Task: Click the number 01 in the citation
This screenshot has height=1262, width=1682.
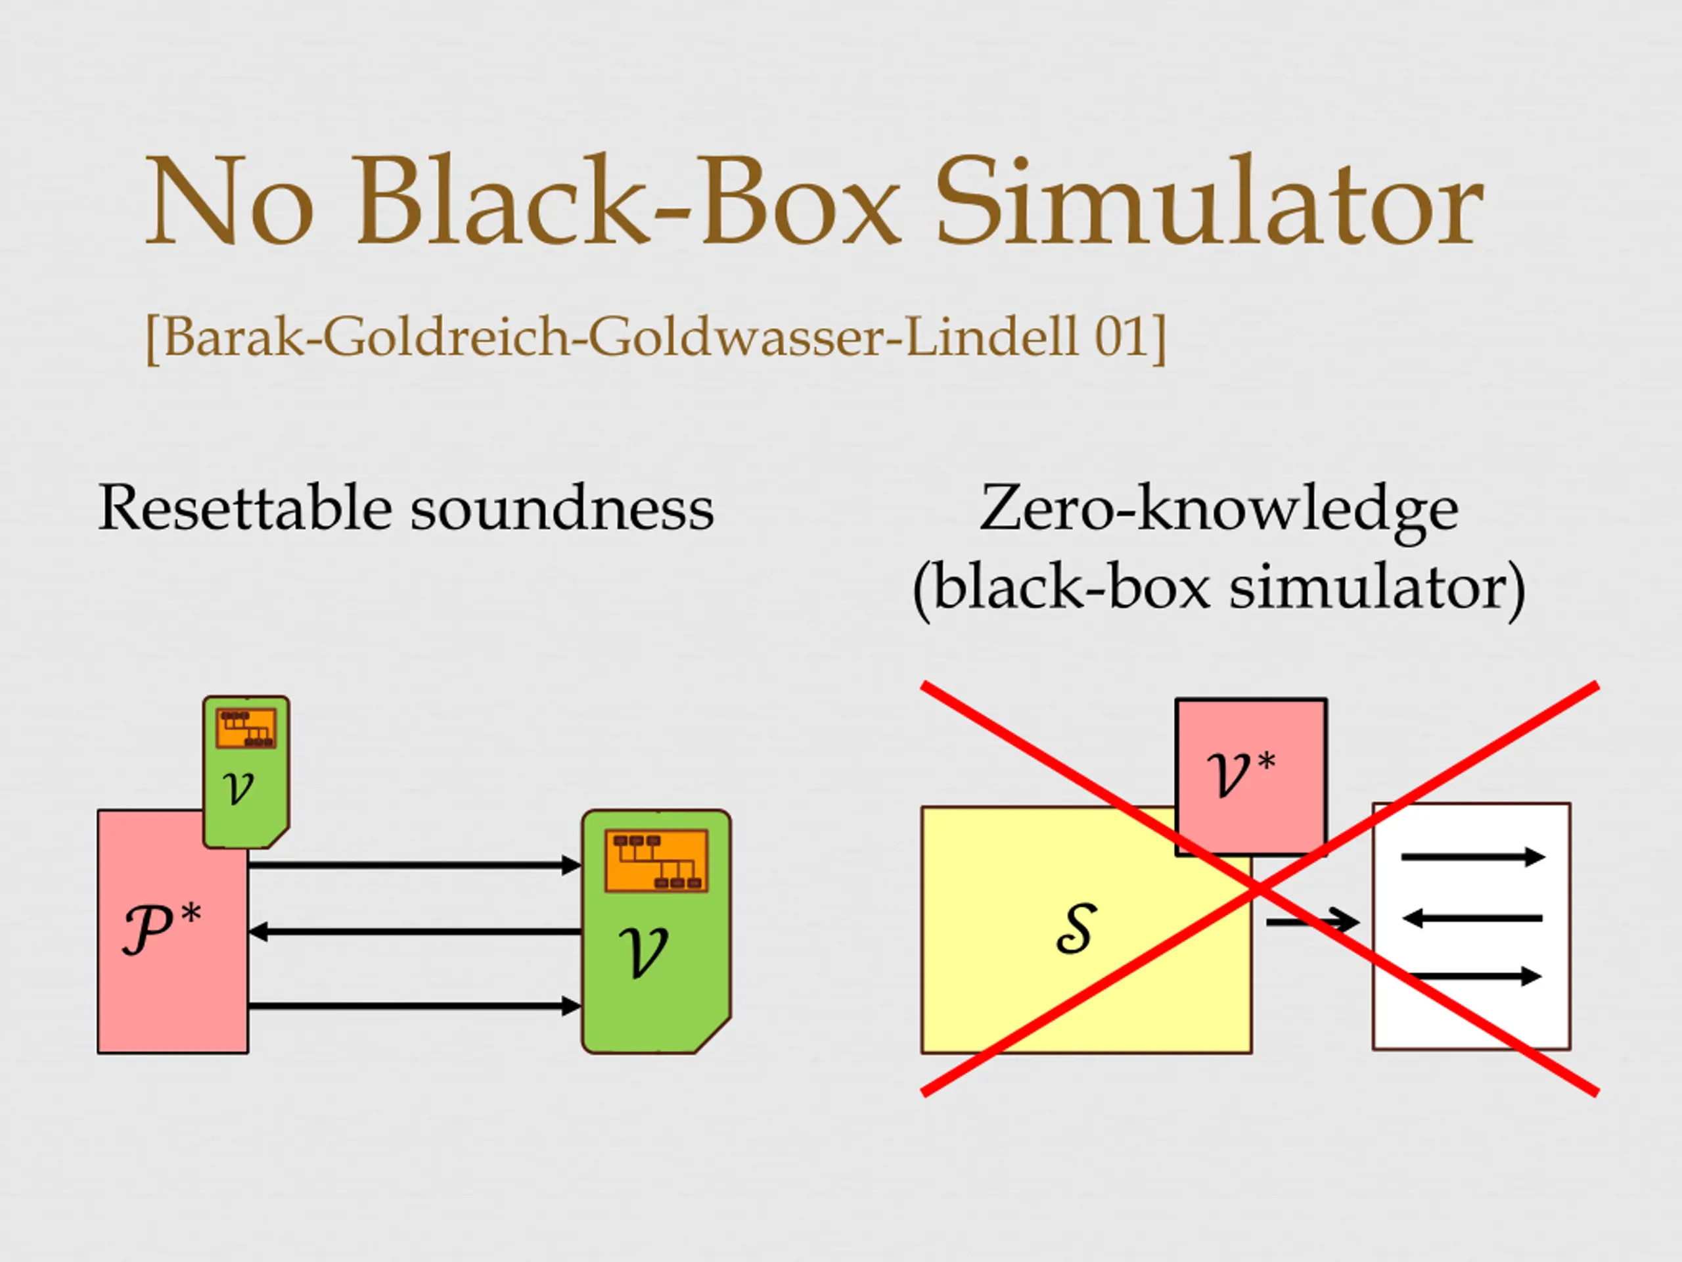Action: pos(1120,337)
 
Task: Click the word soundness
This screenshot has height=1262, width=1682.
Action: pos(562,508)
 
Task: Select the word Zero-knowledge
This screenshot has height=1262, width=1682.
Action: pos(1219,508)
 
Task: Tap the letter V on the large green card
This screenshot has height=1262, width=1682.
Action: pos(643,952)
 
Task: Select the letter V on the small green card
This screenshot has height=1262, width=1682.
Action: pos(239,787)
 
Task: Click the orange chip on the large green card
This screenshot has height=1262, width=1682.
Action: pos(656,860)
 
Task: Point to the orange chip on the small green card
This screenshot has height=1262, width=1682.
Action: pos(246,728)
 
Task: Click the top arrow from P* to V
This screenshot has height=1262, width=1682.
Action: pos(415,865)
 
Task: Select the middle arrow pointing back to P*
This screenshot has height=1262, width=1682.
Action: pos(415,931)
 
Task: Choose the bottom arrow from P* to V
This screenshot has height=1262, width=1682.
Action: pos(415,1006)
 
